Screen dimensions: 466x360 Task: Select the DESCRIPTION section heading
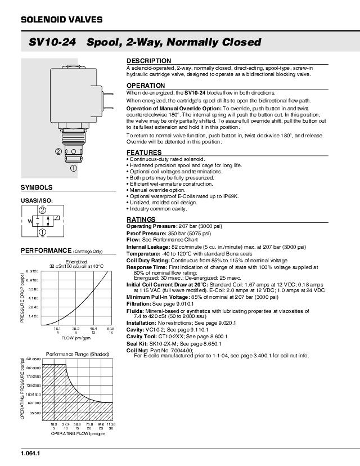(x=148, y=60)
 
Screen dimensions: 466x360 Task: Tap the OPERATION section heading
(x=145, y=86)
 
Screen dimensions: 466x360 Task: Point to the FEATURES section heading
(x=143, y=153)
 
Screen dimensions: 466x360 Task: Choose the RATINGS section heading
(x=141, y=219)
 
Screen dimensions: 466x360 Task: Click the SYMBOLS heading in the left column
(x=37, y=187)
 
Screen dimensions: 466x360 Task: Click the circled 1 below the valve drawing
(x=74, y=168)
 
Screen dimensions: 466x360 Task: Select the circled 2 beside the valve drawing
(x=58, y=151)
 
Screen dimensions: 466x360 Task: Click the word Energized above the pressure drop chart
(x=76, y=262)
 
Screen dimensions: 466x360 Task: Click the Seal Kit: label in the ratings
(x=137, y=343)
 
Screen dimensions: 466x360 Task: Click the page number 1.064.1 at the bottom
(x=30, y=453)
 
